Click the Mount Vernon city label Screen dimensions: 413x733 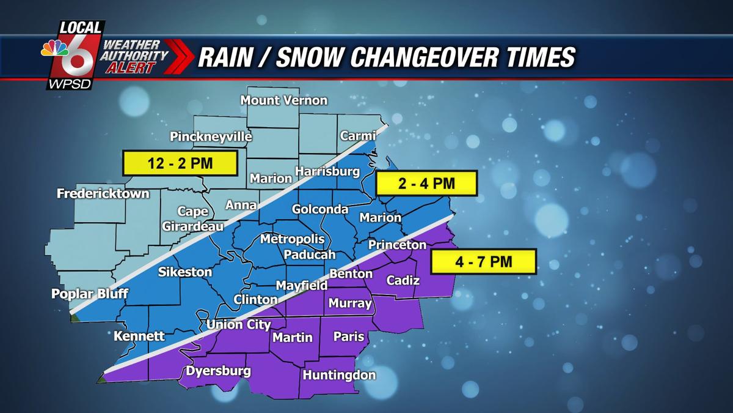pyautogui.click(x=284, y=100)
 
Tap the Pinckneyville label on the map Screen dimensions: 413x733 pyautogui.click(x=211, y=136)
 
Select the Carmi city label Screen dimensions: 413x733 pyautogui.click(x=357, y=135)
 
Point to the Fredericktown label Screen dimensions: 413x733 pyautogui.click(x=103, y=194)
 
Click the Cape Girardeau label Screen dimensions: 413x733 pyautogui.click(x=192, y=218)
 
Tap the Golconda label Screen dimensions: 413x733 pyautogui.click(x=319, y=209)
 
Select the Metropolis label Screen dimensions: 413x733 pyautogui.click(x=292, y=239)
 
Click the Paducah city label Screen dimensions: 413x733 pyautogui.click(x=310, y=255)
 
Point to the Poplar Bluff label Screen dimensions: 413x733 pyautogui.click(x=90, y=294)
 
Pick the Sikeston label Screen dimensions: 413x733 pyautogui.click(x=185, y=272)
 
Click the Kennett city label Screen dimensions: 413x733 pyautogui.click(x=139, y=336)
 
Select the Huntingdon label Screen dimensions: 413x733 pyautogui.click(x=339, y=375)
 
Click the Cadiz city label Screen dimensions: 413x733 pyautogui.click(x=403, y=280)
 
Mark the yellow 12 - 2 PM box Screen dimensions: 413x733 pyautogui.click(x=180, y=164)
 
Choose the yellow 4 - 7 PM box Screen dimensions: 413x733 pyautogui.click(x=483, y=261)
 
